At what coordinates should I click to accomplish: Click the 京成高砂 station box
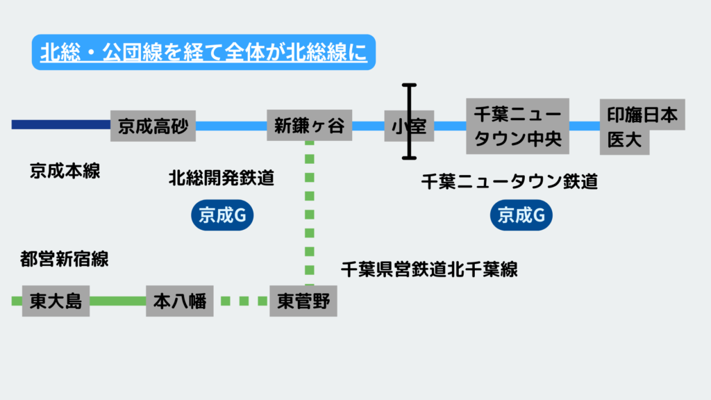153,126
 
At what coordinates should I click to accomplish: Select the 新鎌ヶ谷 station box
309,126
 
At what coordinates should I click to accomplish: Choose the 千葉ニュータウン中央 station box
517,126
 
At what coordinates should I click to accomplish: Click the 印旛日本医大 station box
642,126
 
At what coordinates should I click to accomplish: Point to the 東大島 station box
56,301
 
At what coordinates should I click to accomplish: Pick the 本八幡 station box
179,301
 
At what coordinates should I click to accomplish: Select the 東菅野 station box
303,301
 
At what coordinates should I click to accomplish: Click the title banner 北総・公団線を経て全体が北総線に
203,53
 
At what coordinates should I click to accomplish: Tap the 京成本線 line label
65,171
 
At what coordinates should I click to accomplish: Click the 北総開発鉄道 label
221,178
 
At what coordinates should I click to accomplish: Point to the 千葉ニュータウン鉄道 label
509,182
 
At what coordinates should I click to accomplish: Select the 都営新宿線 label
65,260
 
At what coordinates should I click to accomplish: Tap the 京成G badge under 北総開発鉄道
222,216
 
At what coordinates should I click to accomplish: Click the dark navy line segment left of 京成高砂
61,125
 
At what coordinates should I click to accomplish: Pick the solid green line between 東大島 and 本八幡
117,301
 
